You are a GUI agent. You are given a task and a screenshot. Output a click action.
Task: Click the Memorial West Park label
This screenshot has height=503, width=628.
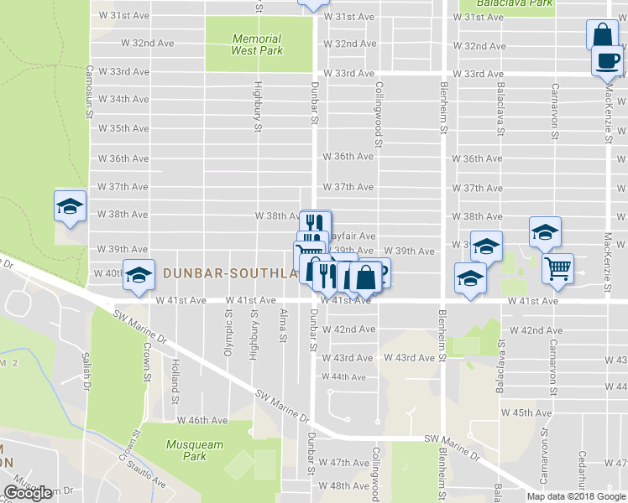[257, 44]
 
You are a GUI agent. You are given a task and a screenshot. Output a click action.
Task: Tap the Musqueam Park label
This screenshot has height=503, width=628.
[186, 450]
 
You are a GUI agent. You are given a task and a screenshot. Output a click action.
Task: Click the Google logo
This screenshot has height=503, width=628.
[28, 493]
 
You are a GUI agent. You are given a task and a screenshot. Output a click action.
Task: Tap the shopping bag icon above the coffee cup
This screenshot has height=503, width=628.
[602, 36]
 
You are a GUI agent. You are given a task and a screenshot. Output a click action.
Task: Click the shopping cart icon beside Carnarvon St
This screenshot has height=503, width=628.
[557, 268]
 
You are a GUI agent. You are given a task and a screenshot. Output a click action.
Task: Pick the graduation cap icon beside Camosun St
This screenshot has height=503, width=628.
[71, 205]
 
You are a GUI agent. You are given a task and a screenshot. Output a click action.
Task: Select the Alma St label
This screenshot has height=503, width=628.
[283, 326]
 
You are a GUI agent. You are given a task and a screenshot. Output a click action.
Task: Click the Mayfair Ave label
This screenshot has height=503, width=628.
[353, 236]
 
